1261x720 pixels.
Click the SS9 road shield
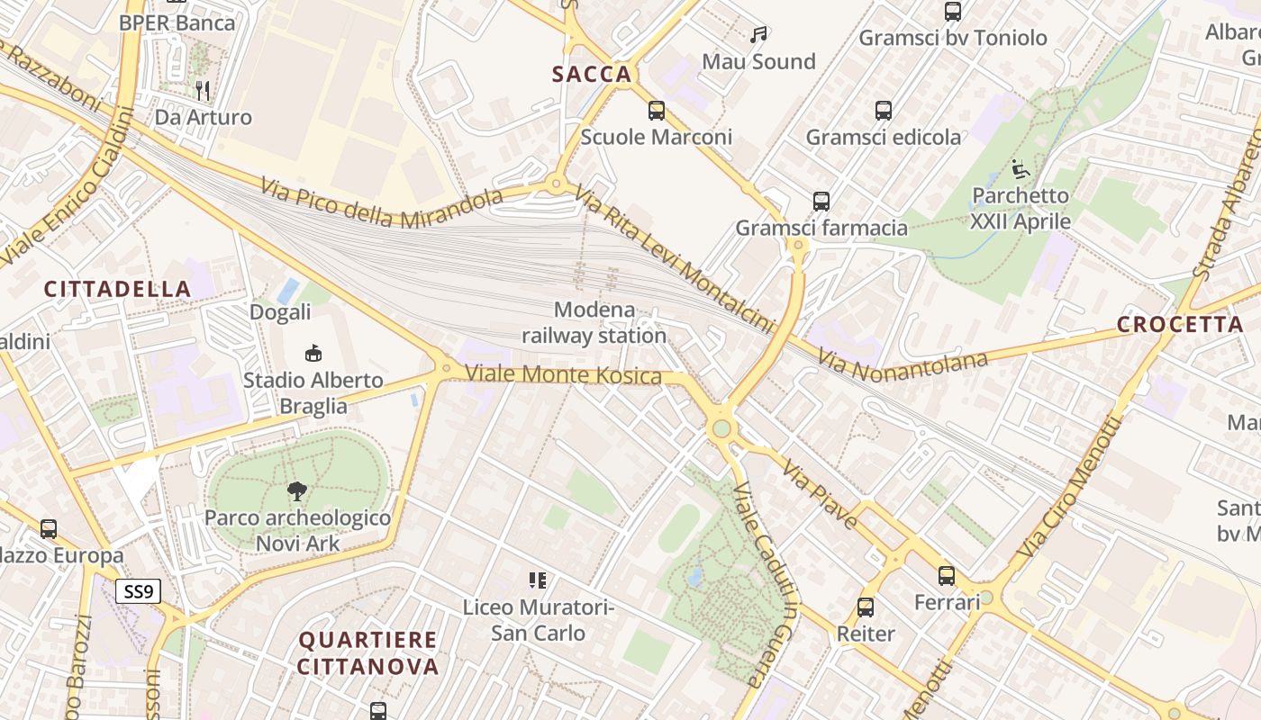(x=138, y=591)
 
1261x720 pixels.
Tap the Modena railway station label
(x=594, y=323)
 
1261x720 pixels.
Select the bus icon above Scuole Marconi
(x=657, y=111)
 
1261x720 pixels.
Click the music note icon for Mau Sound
(x=758, y=35)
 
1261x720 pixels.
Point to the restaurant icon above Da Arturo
(x=203, y=90)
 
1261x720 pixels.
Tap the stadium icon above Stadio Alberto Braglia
(x=313, y=354)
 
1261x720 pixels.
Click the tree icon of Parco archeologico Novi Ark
(x=297, y=491)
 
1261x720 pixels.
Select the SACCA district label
(x=592, y=75)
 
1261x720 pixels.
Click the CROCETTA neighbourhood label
(x=1180, y=325)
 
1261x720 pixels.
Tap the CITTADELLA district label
(x=118, y=289)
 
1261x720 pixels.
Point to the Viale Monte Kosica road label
(x=564, y=374)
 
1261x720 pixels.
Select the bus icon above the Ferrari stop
(x=947, y=575)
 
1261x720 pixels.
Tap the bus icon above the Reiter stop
(x=866, y=607)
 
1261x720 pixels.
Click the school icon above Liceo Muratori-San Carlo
(x=538, y=580)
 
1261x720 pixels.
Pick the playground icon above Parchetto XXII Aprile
(x=1021, y=168)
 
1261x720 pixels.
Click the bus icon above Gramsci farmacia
(x=821, y=201)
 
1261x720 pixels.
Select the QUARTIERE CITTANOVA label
(x=367, y=653)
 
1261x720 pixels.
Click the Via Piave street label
(x=820, y=493)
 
